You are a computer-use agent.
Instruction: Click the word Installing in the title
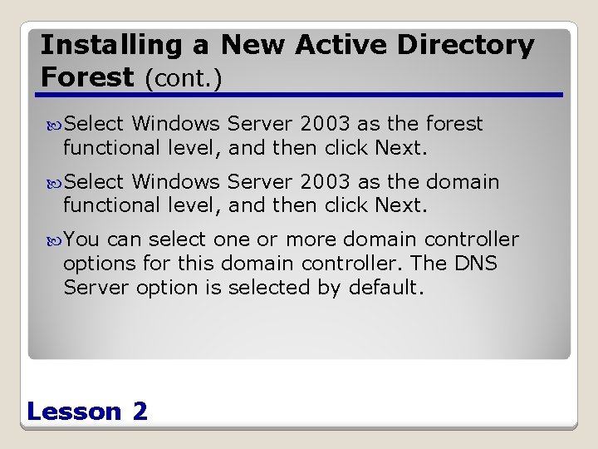(123, 45)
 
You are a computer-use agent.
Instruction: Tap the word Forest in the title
(87, 77)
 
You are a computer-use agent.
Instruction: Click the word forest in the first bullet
(453, 124)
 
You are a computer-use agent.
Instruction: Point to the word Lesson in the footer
(74, 411)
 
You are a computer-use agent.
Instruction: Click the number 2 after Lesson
(140, 411)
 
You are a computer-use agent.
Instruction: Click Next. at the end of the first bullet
(401, 148)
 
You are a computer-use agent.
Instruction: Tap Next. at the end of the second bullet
(401, 205)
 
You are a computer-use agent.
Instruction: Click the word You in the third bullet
(81, 240)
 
